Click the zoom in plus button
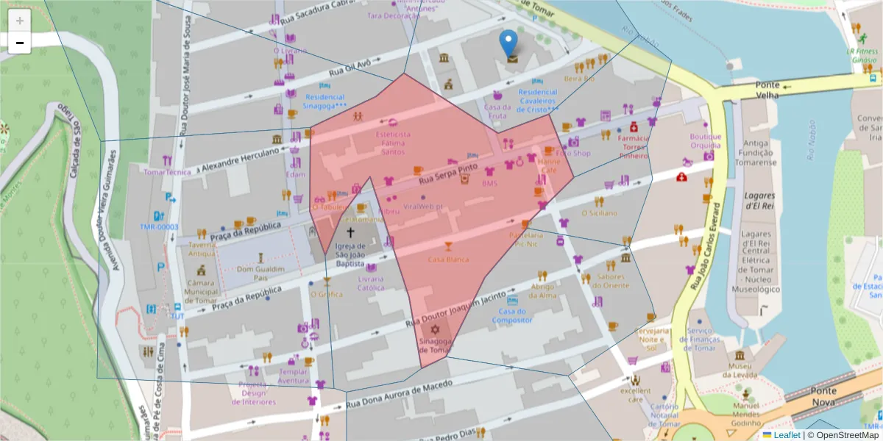click(20, 21)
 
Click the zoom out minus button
click(20, 43)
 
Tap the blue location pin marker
click(508, 43)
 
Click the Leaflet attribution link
click(787, 435)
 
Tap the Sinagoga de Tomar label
click(434, 345)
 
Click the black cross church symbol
click(350, 232)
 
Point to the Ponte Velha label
click(767, 85)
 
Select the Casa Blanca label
click(448, 259)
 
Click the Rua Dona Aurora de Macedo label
click(399, 394)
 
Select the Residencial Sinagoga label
click(325, 101)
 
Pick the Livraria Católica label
click(371, 284)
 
